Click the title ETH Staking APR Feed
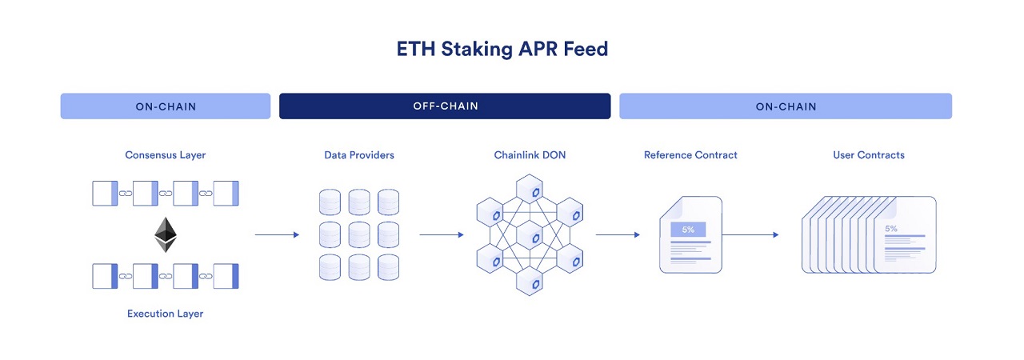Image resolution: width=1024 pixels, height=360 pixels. pyautogui.click(x=502, y=49)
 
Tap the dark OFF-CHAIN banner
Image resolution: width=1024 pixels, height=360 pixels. pyautogui.click(x=445, y=106)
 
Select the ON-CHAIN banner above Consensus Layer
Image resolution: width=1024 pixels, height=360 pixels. pyautogui.click(x=166, y=106)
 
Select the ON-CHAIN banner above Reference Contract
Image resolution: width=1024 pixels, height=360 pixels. pyautogui.click(x=786, y=106)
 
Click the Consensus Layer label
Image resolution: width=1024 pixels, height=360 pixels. pyautogui.click(x=166, y=155)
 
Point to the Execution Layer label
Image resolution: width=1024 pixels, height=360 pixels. pyautogui.click(x=166, y=314)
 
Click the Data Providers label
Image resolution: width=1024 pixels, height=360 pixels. pyautogui.click(x=359, y=155)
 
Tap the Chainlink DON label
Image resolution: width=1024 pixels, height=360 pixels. pyautogui.click(x=530, y=155)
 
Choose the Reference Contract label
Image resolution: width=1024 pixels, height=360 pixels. pyautogui.click(x=690, y=155)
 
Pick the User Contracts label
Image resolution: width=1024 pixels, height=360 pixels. pyautogui.click(x=869, y=155)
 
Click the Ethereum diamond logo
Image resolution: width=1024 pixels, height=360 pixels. pyautogui.click(x=166, y=234)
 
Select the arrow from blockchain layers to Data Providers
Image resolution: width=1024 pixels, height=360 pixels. pyautogui.click(x=277, y=234)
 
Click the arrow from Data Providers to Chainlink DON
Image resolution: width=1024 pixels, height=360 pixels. pyautogui.click(x=442, y=234)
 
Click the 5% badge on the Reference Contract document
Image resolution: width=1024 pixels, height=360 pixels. pyautogui.click(x=688, y=230)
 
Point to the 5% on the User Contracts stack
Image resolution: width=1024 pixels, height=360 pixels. pyautogui.click(x=890, y=229)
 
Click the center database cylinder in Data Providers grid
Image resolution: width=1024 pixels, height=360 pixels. pyautogui.click(x=359, y=234)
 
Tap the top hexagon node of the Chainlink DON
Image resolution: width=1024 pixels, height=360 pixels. pyautogui.click(x=530, y=190)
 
